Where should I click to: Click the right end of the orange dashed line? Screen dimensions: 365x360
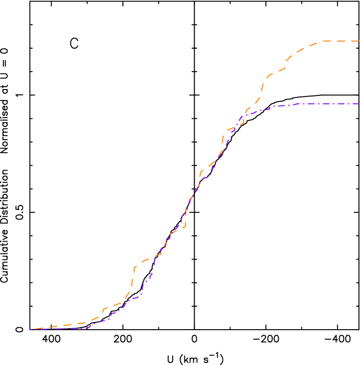(x=359, y=41)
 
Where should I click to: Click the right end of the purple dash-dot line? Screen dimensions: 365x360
(x=359, y=104)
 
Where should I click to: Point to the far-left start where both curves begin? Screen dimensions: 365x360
(x=30, y=329)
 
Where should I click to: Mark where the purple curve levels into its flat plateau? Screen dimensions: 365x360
(x=299, y=104)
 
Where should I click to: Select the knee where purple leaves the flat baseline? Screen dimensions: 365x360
(x=88, y=328)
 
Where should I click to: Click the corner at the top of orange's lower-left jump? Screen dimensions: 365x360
(x=135, y=267)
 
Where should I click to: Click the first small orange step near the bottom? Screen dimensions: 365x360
(x=104, y=309)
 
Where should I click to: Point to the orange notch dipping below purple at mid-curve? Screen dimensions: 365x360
(x=185, y=227)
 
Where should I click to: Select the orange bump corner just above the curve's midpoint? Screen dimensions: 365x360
(x=201, y=172)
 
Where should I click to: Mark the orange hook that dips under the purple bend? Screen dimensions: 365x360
(x=243, y=123)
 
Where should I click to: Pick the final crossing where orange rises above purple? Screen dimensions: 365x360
(x=246, y=112)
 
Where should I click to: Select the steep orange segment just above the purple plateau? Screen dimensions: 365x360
(x=262, y=90)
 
